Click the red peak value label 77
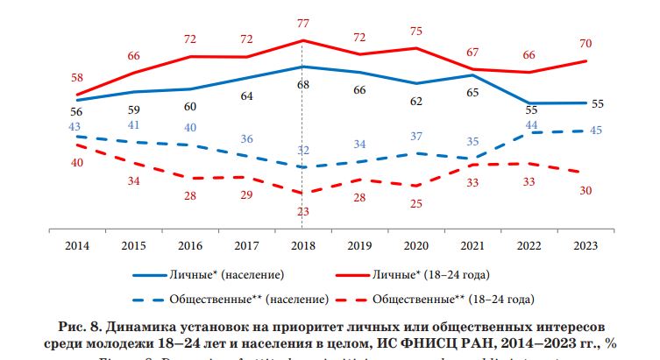click(302, 23)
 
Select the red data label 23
click(302, 211)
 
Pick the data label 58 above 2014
click(77, 78)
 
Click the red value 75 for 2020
click(415, 31)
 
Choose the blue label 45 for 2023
click(597, 131)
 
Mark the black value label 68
click(302, 85)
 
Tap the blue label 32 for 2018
click(302, 150)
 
